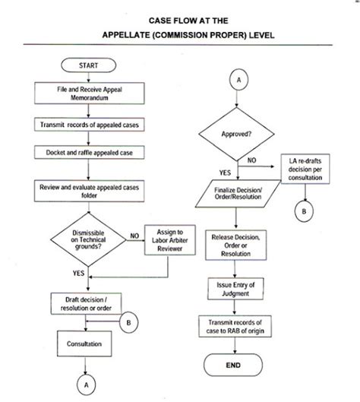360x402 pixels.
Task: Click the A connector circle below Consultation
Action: coord(87,385)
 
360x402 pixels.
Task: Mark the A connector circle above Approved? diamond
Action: coord(238,79)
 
